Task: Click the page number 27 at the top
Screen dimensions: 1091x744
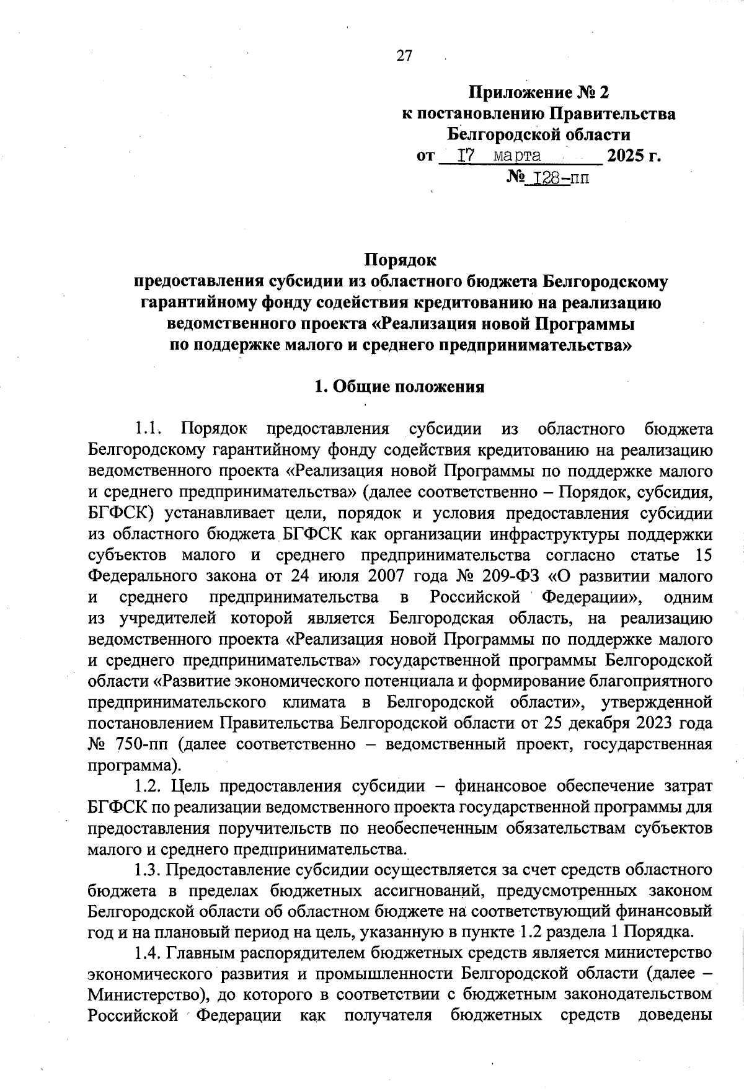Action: pos(404,56)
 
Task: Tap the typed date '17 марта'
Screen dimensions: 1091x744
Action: pos(498,155)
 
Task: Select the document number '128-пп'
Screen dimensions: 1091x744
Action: pos(557,179)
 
